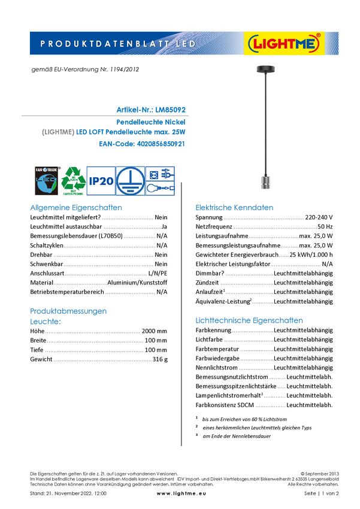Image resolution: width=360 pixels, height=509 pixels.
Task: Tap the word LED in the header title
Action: pyautogui.click(x=184, y=44)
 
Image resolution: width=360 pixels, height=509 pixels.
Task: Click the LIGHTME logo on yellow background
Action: pyautogui.click(x=285, y=44)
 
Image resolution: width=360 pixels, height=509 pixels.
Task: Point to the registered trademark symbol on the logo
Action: pyautogui.click(x=318, y=36)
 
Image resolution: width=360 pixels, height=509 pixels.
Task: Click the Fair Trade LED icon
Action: pyautogui.click(x=46, y=180)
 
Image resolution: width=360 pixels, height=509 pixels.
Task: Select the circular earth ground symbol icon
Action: pyautogui.click(x=130, y=180)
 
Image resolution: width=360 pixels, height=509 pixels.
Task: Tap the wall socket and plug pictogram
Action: pyautogui.click(x=160, y=173)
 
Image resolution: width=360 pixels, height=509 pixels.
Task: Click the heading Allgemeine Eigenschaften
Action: pyautogui.click(x=76, y=208)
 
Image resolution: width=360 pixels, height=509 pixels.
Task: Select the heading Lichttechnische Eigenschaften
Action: pyautogui.click(x=250, y=320)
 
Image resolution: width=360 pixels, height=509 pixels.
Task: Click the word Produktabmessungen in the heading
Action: pyautogui.click(x=68, y=311)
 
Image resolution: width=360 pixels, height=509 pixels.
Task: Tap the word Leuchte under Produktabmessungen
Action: pyautogui.click(x=46, y=321)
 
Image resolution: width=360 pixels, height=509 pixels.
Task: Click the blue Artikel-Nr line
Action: pyautogui.click(x=151, y=110)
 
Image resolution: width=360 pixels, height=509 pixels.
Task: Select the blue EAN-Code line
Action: pyautogui.click(x=142, y=144)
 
